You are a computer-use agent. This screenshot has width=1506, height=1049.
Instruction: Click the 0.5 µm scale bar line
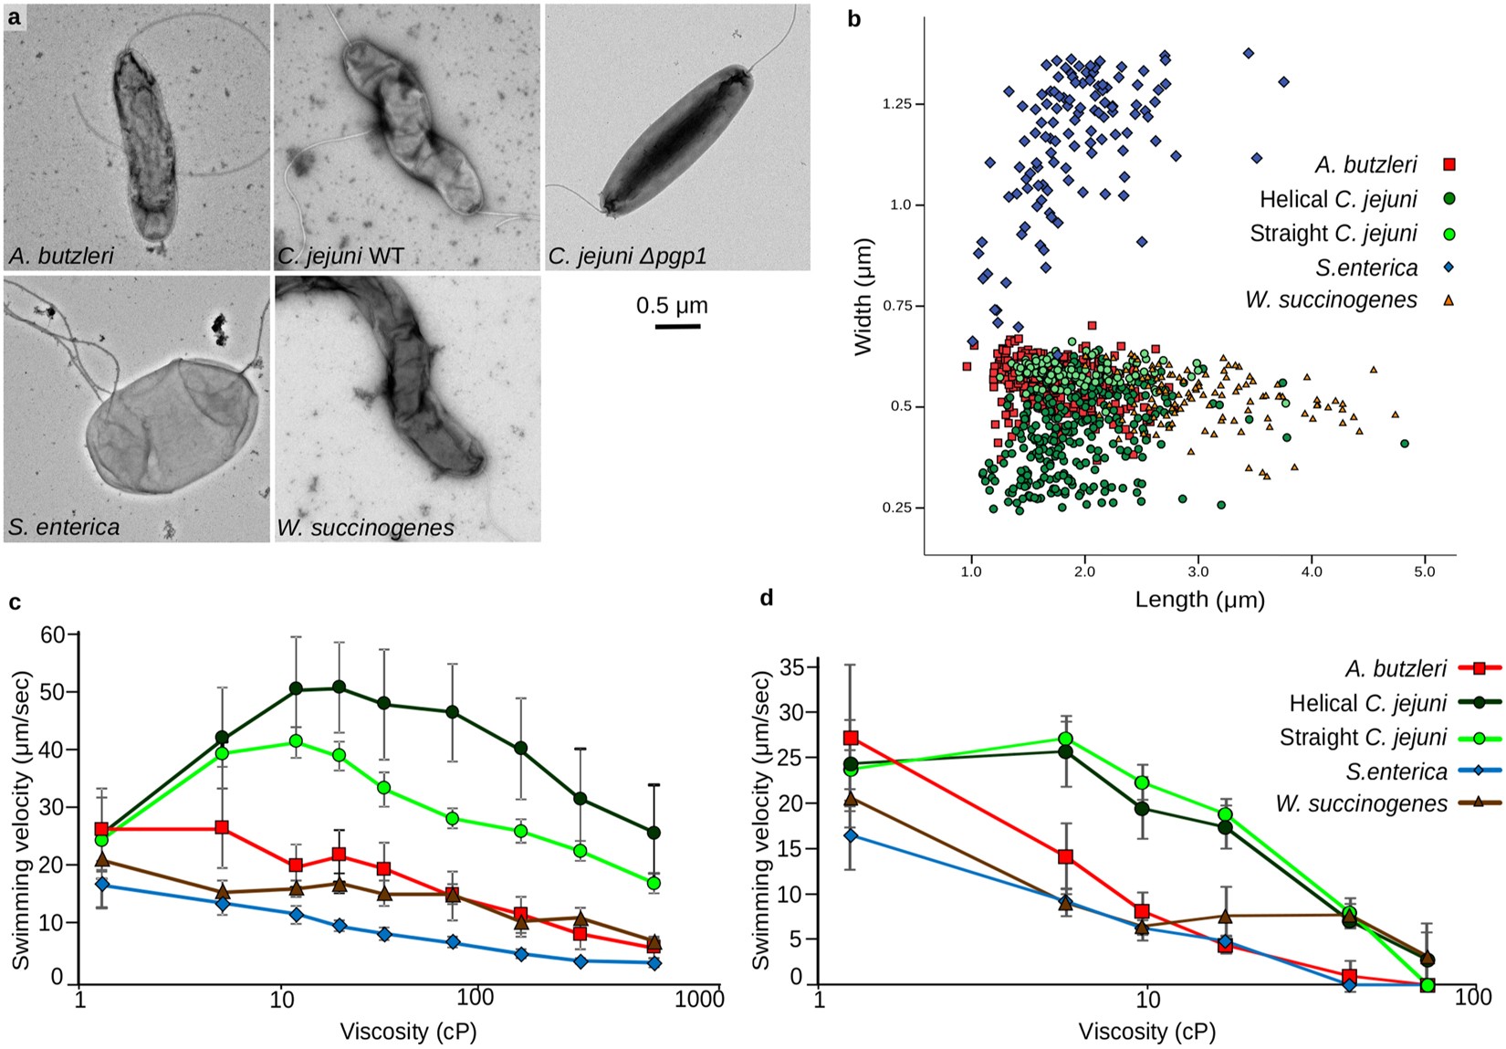pyautogui.click(x=677, y=326)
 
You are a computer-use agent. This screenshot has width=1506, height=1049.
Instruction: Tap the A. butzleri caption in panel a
pyautogui.click(x=61, y=256)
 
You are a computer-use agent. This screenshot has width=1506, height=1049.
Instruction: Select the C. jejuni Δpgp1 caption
pyautogui.click(x=628, y=257)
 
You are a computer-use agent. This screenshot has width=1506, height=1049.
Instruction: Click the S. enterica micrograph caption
pyautogui.click(x=64, y=527)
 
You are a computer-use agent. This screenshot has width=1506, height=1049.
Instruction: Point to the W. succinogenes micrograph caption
pyautogui.click(x=365, y=528)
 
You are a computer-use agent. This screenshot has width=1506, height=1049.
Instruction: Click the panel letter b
pyautogui.click(x=854, y=18)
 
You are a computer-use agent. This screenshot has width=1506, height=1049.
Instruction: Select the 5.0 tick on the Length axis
pyautogui.click(x=1424, y=572)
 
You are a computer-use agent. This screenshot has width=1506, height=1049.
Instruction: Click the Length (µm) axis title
pyautogui.click(x=1199, y=600)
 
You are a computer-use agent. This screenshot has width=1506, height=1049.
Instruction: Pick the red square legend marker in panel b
pyautogui.click(x=1448, y=164)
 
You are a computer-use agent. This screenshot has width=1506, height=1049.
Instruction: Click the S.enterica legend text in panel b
pyautogui.click(x=1366, y=267)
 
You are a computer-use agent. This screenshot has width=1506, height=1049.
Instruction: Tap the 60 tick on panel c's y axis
pyautogui.click(x=52, y=635)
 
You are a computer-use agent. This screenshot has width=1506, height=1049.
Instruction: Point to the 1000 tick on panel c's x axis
pyautogui.click(x=699, y=999)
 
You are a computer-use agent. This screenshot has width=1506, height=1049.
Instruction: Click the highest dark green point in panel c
pyautogui.click(x=339, y=687)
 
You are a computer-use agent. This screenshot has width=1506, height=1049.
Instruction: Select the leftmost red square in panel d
pyautogui.click(x=851, y=738)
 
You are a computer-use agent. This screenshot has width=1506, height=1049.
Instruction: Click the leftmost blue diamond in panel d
pyautogui.click(x=851, y=835)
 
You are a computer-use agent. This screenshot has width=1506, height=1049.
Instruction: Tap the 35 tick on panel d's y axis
pyautogui.click(x=790, y=667)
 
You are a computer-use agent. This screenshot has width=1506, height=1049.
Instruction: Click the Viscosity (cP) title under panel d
pyautogui.click(x=1146, y=1032)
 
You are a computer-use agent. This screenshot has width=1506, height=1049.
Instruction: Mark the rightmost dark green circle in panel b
pyautogui.click(x=1404, y=444)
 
